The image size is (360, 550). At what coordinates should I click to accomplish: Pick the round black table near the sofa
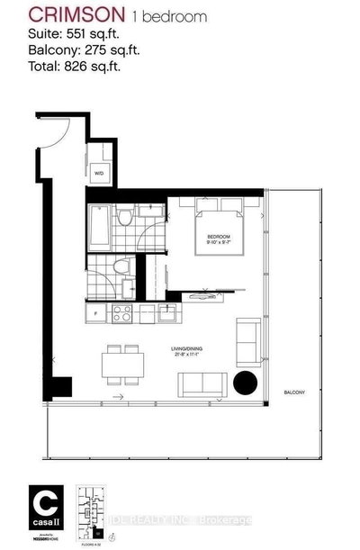pyautogui.click(x=245, y=383)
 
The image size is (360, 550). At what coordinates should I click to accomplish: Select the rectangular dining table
pyautogui.click(x=120, y=367)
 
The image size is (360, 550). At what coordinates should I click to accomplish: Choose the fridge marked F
pyautogui.click(x=95, y=314)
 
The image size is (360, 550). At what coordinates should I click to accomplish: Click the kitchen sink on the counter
pyautogui.click(x=167, y=314)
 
